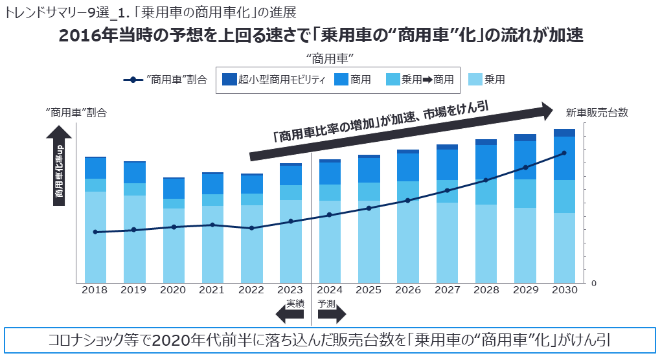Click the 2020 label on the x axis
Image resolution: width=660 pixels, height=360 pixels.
click(x=172, y=291)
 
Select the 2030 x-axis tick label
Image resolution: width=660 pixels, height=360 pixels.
click(x=564, y=291)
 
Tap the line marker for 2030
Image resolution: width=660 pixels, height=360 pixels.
click(x=564, y=153)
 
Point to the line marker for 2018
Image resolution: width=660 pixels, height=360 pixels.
click(x=95, y=232)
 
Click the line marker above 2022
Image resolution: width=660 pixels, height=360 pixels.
click(x=251, y=228)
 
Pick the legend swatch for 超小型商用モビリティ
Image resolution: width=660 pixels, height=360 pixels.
click(x=229, y=80)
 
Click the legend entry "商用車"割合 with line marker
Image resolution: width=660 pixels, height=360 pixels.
click(x=165, y=80)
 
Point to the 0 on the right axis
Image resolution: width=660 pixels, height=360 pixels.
click(x=593, y=283)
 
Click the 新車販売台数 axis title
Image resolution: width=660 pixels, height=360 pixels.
click(x=597, y=113)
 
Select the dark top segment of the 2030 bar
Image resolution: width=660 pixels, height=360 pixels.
click(x=564, y=133)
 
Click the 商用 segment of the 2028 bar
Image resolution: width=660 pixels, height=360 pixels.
click(x=486, y=162)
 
